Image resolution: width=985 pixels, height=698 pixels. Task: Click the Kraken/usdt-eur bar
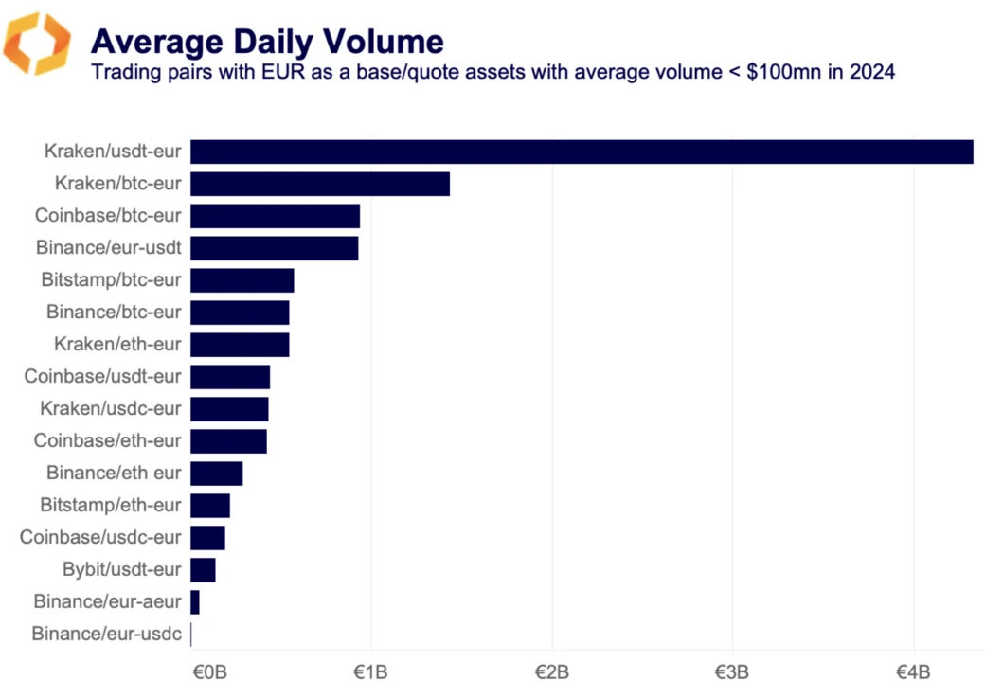coord(582,152)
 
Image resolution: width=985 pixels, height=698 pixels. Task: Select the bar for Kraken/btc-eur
coord(320,184)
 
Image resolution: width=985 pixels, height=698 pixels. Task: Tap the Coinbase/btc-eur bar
coord(275,216)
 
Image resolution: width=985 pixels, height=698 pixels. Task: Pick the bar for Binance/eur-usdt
coord(274,248)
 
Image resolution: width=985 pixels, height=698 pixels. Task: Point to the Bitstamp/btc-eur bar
coord(242,280)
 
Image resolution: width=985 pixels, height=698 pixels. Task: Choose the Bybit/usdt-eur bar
coord(203,570)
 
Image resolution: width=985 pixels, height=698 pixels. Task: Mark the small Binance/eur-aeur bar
coord(195,602)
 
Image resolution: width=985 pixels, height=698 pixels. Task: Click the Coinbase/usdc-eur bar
coord(207,538)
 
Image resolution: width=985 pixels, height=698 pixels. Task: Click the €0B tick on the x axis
coord(209,672)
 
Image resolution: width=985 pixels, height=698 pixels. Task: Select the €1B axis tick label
coord(371,672)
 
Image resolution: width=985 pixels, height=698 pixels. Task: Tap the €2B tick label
coord(552,672)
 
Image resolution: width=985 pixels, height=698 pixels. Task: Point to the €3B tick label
coord(732,672)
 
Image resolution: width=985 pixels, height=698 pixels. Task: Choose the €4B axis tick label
coord(913,672)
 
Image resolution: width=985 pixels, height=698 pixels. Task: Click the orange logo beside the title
coord(37,44)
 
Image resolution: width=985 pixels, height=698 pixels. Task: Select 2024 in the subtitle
coord(873,72)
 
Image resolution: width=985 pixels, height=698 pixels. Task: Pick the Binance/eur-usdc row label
coord(106,634)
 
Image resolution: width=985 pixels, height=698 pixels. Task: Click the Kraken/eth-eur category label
coord(117,344)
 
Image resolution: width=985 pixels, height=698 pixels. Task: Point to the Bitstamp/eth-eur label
coord(110,505)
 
